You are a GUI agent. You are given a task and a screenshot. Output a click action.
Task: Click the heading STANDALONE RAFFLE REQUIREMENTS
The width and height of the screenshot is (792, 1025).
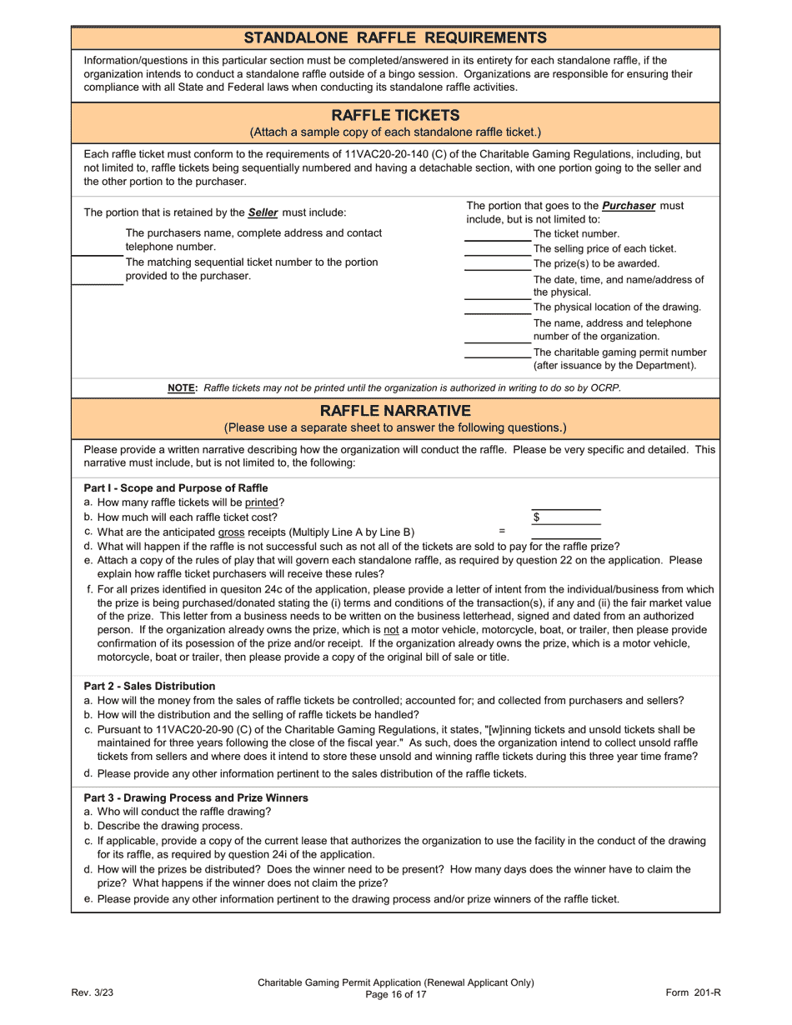click(395, 37)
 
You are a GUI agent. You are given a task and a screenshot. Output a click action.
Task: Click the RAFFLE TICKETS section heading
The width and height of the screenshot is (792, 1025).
click(395, 115)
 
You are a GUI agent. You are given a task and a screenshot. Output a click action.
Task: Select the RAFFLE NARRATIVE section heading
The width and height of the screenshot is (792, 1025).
click(395, 411)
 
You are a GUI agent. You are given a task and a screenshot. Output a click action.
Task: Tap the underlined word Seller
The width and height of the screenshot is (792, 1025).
click(263, 212)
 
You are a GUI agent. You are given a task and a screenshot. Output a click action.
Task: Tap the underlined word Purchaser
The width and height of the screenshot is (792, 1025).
click(629, 206)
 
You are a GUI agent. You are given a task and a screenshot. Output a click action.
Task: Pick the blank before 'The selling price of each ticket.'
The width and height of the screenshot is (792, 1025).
click(497, 250)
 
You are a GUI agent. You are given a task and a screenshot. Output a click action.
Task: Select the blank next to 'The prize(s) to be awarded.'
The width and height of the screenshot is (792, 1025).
click(497, 265)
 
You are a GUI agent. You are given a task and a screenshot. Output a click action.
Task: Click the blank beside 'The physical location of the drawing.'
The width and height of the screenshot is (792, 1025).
click(497, 308)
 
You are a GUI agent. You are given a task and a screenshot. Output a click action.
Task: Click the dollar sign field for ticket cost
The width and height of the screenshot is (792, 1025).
click(567, 517)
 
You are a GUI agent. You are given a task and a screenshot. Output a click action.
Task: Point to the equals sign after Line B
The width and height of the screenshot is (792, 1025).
click(502, 531)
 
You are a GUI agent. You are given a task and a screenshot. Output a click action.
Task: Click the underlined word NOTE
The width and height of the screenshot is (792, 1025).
click(181, 387)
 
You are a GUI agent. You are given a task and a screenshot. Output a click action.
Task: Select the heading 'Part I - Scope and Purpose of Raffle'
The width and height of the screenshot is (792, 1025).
click(176, 488)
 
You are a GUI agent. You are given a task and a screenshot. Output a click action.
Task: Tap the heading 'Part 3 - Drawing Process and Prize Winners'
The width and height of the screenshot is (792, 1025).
click(196, 797)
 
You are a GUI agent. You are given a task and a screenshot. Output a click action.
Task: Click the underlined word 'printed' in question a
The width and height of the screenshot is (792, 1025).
click(261, 502)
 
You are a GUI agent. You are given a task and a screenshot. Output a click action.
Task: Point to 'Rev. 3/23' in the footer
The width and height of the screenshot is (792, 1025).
click(92, 992)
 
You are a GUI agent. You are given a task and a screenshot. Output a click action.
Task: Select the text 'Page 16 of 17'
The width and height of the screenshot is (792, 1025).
click(396, 994)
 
